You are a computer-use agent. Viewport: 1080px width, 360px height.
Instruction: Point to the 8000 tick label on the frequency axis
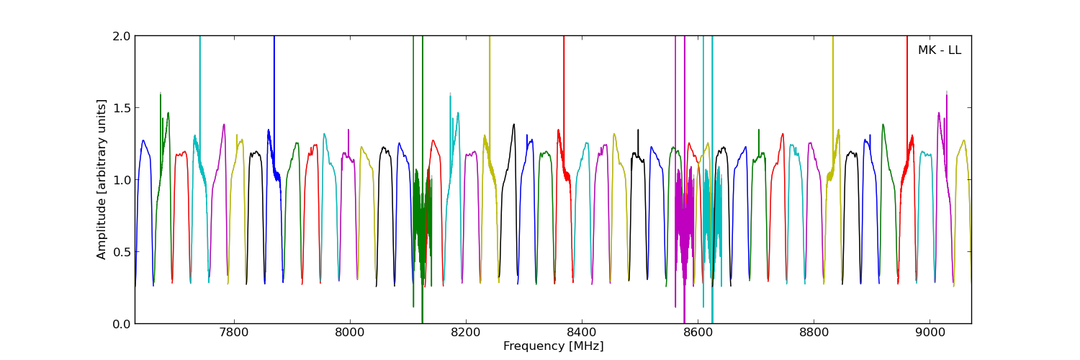[350, 333]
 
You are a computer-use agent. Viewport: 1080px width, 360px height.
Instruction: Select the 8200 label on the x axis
[466, 333]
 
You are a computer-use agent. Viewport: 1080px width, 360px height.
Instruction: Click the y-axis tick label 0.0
[121, 324]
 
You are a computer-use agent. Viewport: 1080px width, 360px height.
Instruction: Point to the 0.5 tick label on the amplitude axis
[121, 252]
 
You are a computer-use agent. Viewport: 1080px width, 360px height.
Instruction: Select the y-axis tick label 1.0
[121, 180]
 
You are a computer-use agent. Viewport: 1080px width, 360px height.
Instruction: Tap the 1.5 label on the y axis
[121, 108]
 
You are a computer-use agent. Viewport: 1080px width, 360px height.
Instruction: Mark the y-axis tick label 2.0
[121, 36]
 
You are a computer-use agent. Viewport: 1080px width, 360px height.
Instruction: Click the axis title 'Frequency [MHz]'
[553, 346]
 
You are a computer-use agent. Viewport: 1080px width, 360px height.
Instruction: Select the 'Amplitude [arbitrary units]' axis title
[102, 179]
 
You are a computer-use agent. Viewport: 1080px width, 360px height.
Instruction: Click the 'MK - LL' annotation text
[939, 50]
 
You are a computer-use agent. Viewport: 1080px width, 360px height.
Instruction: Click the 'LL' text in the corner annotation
[954, 50]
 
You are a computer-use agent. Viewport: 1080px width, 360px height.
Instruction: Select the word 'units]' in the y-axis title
[102, 116]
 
